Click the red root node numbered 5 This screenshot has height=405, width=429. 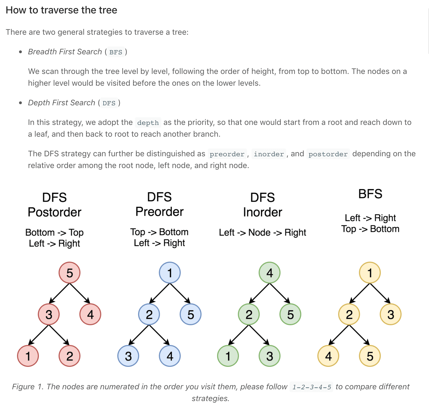[69, 273]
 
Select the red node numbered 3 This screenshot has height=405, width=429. [49, 314]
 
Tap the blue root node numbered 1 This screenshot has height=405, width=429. [170, 273]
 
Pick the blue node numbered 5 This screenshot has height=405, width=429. [190, 314]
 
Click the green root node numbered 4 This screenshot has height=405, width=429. [269, 273]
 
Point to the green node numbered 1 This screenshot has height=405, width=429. [228, 356]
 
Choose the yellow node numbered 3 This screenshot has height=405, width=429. [391, 314]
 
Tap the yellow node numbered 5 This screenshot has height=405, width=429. [370, 356]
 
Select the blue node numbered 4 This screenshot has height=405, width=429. [170, 356]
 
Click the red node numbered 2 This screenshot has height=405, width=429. [69, 356]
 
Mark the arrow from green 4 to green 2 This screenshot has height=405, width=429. [259, 294]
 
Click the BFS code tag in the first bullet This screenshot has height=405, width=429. [116, 52]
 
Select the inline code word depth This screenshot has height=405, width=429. [148, 123]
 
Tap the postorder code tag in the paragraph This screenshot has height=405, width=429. [328, 154]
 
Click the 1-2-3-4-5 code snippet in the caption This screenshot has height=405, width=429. [312, 387]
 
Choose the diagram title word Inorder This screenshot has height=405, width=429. [263, 212]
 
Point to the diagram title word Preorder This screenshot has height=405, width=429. [160, 211]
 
